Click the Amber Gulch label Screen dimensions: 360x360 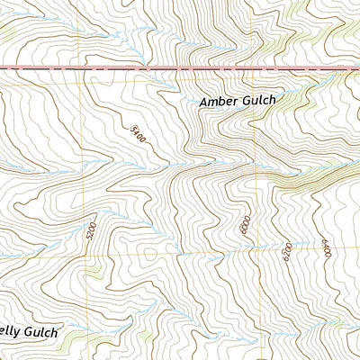tap(237, 103)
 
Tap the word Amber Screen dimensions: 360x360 tap(219, 103)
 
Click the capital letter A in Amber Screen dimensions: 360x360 tap(203, 103)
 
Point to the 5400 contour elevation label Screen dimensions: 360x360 tap(138, 136)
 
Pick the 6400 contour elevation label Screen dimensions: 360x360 tap(327, 248)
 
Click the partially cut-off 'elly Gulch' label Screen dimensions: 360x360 tap(29, 332)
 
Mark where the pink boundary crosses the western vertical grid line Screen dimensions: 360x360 tap(85, 67)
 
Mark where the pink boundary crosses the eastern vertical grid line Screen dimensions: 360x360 tap(256, 67)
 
